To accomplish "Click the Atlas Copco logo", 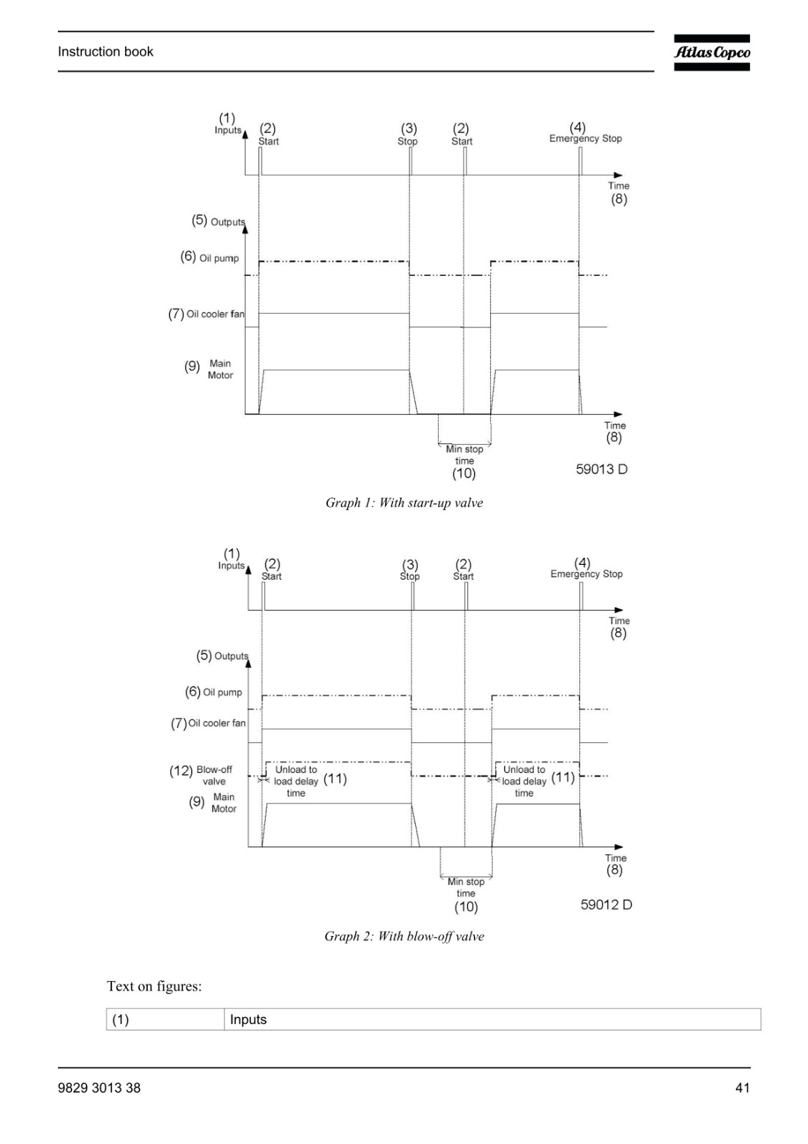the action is [x=712, y=53].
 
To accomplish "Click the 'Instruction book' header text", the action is [x=105, y=51].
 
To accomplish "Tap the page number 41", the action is [x=743, y=1088].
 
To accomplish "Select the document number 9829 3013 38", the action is [x=99, y=1088].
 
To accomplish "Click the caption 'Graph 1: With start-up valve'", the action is [x=404, y=503].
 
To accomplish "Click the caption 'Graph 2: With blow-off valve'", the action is [x=404, y=936].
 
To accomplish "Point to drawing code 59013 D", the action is [x=602, y=469].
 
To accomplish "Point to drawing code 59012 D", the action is [x=606, y=904].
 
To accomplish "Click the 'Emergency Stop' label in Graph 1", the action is [x=585, y=139].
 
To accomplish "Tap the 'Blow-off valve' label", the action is [x=214, y=775].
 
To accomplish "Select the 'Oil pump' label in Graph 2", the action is [x=222, y=693].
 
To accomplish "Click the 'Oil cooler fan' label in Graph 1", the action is [x=215, y=314].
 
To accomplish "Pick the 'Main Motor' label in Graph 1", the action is [x=220, y=369].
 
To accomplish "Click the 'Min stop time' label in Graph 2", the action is [x=466, y=887].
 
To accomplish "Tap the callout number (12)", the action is [x=181, y=771].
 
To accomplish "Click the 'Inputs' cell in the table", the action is [x=248, y=1020].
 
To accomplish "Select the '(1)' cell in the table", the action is [x=121, y=1020].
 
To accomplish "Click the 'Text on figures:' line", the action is [x=154, y=986].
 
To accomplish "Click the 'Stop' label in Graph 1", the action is [x=407, y=142].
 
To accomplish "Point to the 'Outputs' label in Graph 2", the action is [x=231, y=656].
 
